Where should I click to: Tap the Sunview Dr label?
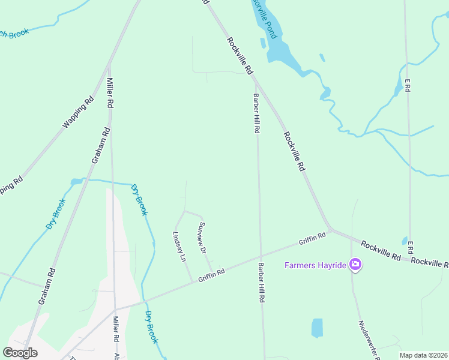(202, 237)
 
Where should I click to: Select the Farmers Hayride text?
(316, 265)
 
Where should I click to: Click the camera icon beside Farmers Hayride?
(355, 264)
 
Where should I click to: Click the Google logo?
(20, 352)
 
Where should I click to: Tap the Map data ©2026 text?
(423, 355)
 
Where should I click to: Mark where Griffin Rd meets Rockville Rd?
(330, 230)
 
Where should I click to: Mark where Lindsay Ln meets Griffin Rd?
(193, 281)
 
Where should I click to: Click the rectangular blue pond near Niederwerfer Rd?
(317, 328)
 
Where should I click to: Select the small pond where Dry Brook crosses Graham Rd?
(77, 181)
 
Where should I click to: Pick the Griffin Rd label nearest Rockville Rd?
(312, 238)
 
